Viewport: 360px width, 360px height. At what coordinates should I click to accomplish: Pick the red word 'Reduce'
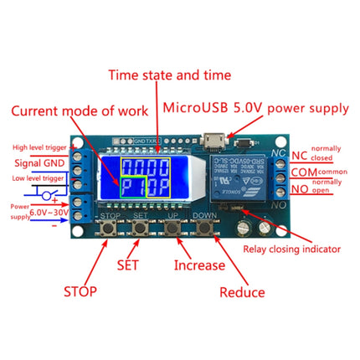241,292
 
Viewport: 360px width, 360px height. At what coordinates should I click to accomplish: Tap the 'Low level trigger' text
35,177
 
